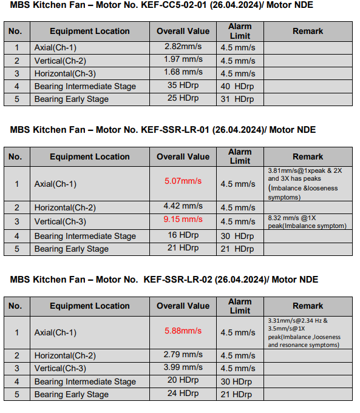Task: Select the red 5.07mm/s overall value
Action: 183,181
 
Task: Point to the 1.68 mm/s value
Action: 183,72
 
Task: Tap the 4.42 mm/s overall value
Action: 183,206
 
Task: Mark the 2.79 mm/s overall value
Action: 183,354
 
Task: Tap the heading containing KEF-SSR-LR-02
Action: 164,280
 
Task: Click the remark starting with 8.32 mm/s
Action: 307,221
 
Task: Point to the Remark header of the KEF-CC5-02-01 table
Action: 307,31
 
